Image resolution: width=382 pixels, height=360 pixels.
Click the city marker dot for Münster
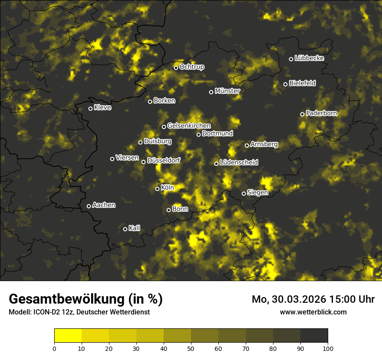click(211, 92)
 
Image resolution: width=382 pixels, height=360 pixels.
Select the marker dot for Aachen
click(89, 206)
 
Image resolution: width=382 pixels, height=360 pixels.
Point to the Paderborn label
click(321, 113)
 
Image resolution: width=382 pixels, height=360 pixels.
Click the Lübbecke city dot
click(291, 59)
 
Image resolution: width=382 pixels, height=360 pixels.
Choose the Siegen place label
click(257, 193)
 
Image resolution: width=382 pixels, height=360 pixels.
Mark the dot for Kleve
click(91, 108)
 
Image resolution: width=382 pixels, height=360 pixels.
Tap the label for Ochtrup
click(191, 67)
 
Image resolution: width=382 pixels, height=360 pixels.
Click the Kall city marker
click(125, 229)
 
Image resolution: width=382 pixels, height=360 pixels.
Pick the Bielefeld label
click(302, 83)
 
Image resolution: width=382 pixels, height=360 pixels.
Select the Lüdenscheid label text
click(239, 163)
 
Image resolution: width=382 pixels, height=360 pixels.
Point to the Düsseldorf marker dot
click(144, 162)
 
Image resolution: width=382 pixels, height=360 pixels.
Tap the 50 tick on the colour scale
click(191, 348)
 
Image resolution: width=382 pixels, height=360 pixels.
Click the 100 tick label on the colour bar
click(327, 348)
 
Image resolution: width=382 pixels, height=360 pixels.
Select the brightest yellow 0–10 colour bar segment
click(68, 335)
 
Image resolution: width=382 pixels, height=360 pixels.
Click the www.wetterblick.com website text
click(313, 312)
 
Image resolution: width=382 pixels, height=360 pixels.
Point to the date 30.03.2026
click(299, 299)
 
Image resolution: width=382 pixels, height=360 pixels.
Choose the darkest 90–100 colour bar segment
click(314, 335)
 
